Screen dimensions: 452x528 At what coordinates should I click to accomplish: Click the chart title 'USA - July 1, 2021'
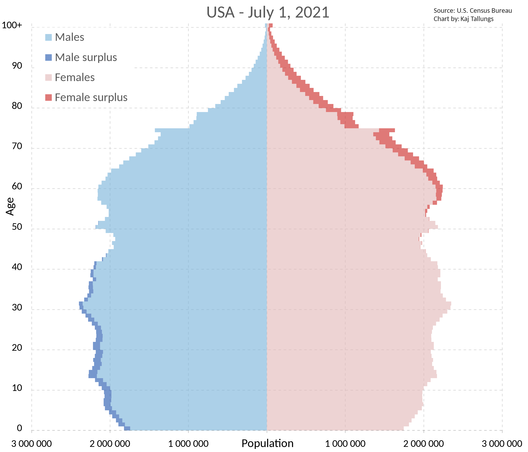pyautogui.click(x=268, y=12)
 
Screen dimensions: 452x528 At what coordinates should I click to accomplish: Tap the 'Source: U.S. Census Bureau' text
pyautogui.click(x=473, y=11)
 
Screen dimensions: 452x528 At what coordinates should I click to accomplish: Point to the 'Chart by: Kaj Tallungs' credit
pyautogui.click(x=463, y=19)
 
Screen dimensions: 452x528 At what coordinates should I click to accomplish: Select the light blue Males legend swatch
pyautogui.click(x=48, y=37)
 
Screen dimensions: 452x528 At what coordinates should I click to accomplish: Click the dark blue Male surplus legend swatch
pyautogui.click(x=48, y=57)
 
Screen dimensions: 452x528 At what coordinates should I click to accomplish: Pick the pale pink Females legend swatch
pyautogui.click(x=48, y=77)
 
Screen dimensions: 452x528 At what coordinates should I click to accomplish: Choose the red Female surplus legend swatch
pyautogui.click(x=48, y=97)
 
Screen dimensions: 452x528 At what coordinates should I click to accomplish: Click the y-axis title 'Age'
pyautogui.click(x=10, y=206)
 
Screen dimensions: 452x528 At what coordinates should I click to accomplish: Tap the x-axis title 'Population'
pyautogui.click(x=267, y=443)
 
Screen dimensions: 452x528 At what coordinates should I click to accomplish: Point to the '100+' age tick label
pyautogui.click(x=12, y=25)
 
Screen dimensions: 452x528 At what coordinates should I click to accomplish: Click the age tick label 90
pyautogui.click(x=17, y=66)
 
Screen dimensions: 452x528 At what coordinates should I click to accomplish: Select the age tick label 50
pyautogui.click(x=17, y=227)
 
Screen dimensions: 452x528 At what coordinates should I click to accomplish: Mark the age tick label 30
pyautogui.click(x=17, y=307)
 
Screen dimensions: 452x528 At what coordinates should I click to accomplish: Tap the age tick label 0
pyautogui.click(x=19, y=428)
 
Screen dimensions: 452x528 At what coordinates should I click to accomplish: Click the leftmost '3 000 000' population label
pyautogui.click(x=32, y=444)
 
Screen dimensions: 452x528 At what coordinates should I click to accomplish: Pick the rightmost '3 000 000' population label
pyautogui.click(x=502, y=444)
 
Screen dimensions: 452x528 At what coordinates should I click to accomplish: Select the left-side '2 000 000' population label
pyautogui.click(x=110, y=444)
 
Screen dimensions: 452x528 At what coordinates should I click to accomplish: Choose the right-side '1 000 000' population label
pyautogui.click(x=345, y=444)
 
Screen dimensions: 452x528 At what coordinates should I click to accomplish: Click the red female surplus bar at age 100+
pyautogui.click(x=271, y=25)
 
